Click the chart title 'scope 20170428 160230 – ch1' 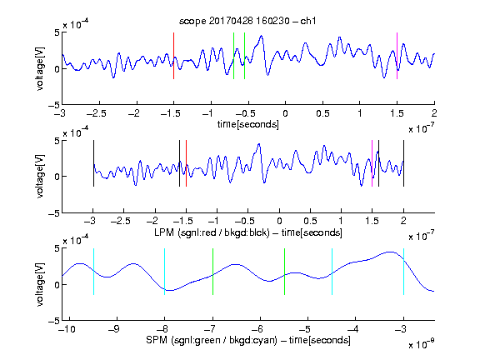[x=247, y=21]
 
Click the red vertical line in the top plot [x=173, y=56]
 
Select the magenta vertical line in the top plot [x=397, y=56]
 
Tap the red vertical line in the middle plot [x=186, y=163]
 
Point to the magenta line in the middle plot [x=372, y=163]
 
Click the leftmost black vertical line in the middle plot [x=93, y=163]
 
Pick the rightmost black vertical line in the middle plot [x=403, y=163]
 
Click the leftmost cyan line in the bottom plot [x=93, y=272]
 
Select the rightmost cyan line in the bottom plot [x=403, y=272]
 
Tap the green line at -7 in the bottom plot [x=212, y=272]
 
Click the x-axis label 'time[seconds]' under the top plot [x=248, y=124]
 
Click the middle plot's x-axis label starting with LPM [x=248, y=232]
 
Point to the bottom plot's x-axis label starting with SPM [x=248, y=340]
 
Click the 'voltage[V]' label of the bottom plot [x=40, y=284]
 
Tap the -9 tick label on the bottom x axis [x=114, y=329]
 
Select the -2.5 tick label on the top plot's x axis [x=96, y=113]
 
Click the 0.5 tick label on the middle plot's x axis [x=310, y=221]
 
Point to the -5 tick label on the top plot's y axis [x=54, y=105]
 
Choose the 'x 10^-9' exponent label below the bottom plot [x=421, y=344]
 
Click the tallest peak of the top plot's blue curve [x=261, y=36]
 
